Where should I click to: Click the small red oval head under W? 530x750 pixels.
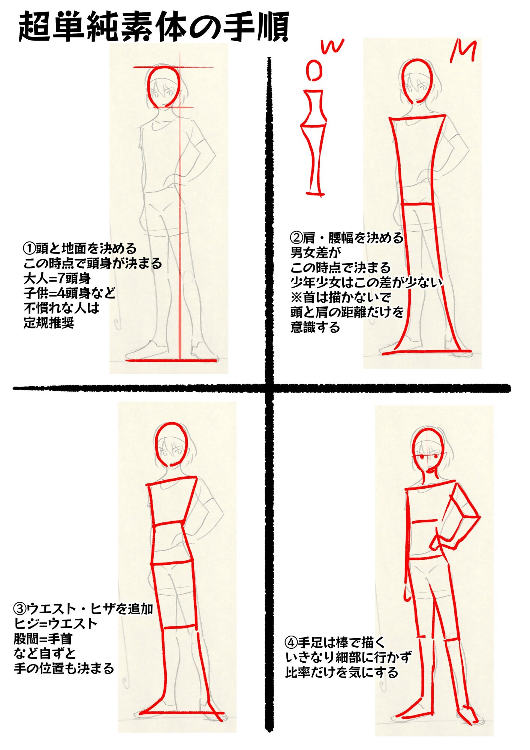tap(314, 71)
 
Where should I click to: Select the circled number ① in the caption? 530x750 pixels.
tap(30, 248)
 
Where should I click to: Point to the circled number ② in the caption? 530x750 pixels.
tap(297, 238)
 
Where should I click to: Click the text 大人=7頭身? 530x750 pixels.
tap(57, 278)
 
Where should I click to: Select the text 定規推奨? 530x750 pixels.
tap(49, 322)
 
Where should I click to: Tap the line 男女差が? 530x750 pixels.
tap(316, 252)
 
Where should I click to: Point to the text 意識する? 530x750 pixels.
tap(315, 327)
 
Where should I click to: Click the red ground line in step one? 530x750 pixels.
tap(171, 360)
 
